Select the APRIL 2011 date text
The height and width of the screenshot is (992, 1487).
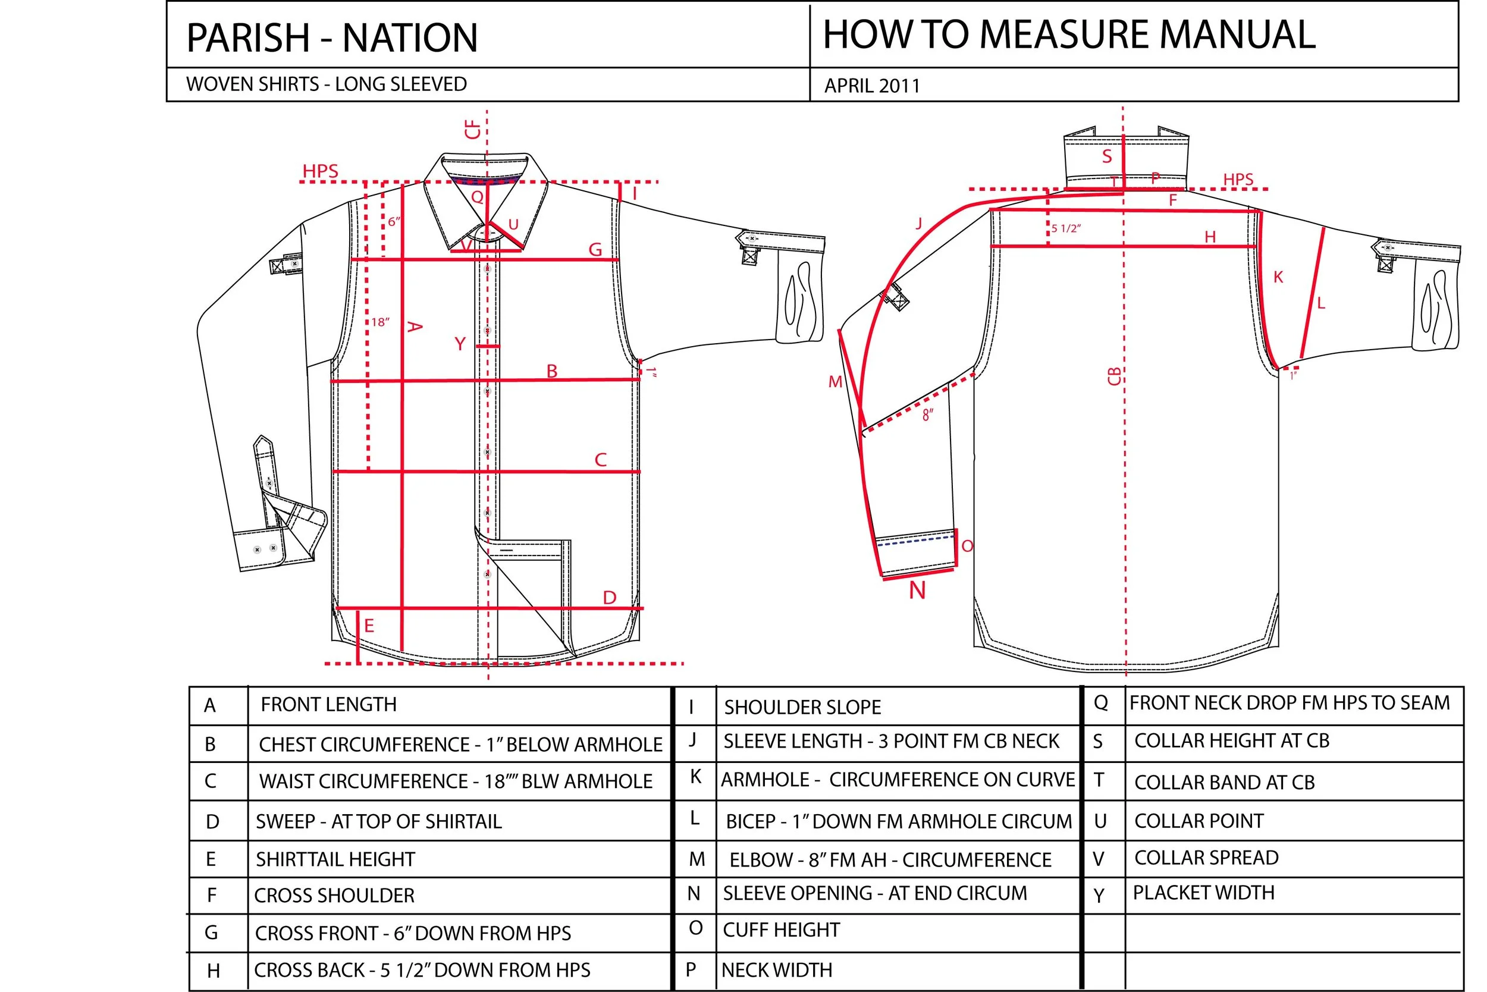(x=871, y=86)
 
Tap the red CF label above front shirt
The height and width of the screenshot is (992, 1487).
(x=473, y=130)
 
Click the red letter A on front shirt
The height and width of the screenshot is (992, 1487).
(x=414, y=327)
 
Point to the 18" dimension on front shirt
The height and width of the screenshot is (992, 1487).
(x=380, y=322)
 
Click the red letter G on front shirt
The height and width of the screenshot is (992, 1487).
(x=595, y=250)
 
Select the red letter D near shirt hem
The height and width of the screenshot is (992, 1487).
(x=609, y=597)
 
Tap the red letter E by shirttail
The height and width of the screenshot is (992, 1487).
(x=369, y=626)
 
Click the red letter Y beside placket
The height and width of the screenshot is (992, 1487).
(x=460, y=344)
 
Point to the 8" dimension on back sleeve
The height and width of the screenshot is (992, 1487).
(x=928, y=415)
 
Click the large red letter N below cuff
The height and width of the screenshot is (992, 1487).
(x=917, y=591)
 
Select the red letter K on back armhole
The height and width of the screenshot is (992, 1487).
(x=1278, y=277)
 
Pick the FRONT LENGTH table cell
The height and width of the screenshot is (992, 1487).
(x=328, y=705)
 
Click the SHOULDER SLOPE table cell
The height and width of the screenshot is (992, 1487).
(x=802, y=707)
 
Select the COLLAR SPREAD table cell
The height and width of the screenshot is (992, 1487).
(x=1206, y=858)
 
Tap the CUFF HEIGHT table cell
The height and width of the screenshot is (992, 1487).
(x=781, y=930)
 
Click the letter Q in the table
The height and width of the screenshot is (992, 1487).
(x=1100, y=703)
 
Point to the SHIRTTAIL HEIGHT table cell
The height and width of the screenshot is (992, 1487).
(x=335, y=859)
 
